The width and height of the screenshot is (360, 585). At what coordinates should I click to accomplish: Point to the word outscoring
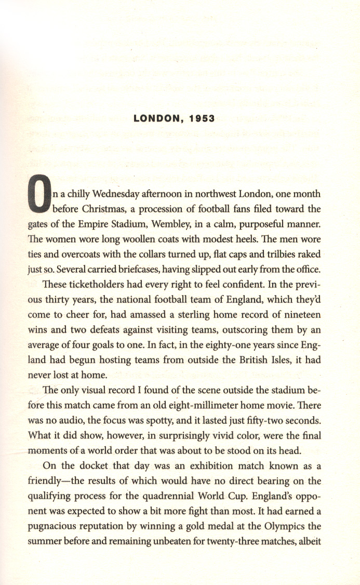click(244, 330)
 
